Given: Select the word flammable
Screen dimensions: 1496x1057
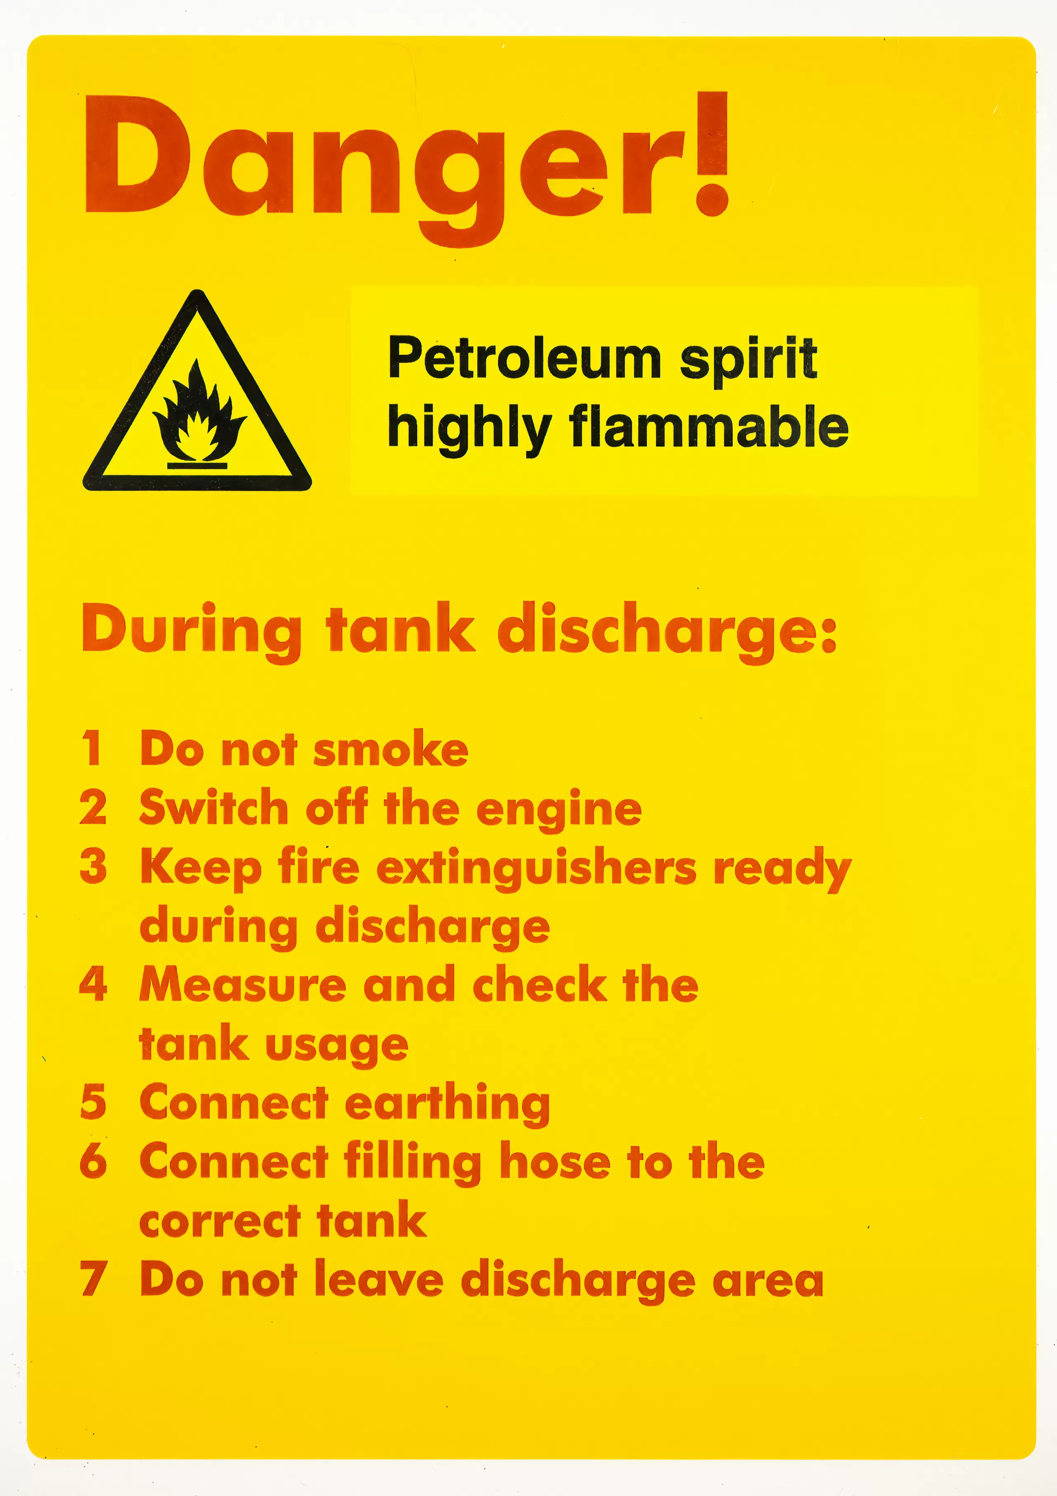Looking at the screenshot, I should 709,427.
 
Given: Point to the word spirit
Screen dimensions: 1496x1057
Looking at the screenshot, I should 748,359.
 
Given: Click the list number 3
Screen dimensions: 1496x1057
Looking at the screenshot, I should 93,866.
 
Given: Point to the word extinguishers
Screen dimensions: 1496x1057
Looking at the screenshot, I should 536,869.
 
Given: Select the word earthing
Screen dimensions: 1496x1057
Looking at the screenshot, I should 447,1104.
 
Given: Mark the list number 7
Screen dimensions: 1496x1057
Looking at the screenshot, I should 93,1278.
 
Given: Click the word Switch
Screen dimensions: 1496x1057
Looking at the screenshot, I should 214,808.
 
